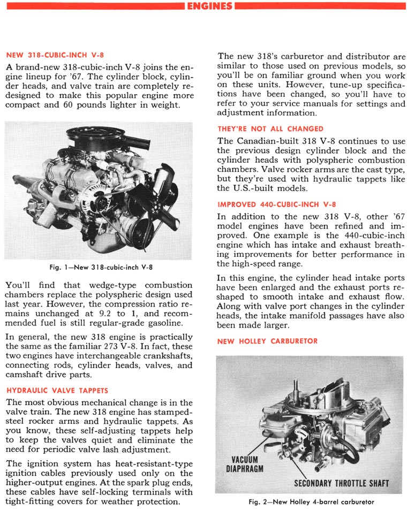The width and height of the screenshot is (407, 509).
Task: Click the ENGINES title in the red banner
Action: click(x=210, y=6)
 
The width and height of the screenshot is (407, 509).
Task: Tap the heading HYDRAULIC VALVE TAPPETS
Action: click(x=56, y=390)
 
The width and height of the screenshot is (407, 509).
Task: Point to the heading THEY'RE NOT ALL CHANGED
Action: click(x=270, y=129)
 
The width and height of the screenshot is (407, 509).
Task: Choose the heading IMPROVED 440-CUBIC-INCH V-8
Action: click(x=277, y=204)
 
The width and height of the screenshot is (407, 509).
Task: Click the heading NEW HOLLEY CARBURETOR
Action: click(x=267, y=341)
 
